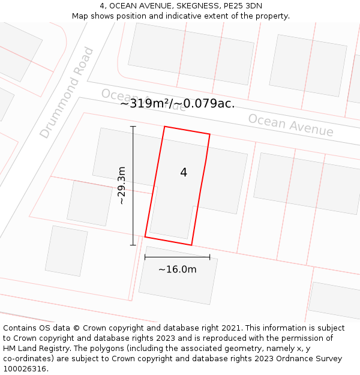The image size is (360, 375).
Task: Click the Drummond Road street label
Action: click(x=67, y=92)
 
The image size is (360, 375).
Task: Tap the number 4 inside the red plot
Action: click(x=184, y=173)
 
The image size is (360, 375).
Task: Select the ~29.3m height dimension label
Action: click(x=122, y=186)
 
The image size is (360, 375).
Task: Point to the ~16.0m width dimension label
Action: click(x=177, y=269)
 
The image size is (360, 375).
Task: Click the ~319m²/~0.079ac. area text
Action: click(x=177, y=103)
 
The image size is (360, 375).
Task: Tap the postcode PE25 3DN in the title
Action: click(x=242, y=6)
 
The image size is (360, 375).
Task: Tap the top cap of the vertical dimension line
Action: click(x=133, y=127)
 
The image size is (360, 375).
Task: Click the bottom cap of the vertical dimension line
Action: click(x=133, y=245)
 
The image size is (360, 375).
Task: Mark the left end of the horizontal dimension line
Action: click(x=145, y=257)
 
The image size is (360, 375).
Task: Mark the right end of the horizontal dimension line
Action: click(x=210, y=257)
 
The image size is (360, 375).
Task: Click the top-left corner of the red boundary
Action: click(x=164, y=127)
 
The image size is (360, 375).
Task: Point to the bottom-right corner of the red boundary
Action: click(x=191, y=245)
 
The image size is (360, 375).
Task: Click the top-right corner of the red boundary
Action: click(x=210, y=134)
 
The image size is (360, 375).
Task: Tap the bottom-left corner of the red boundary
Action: click(x=145, y=237)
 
